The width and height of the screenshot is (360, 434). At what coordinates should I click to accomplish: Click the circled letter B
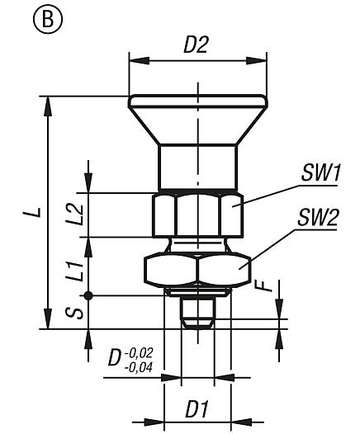tap(24, 17)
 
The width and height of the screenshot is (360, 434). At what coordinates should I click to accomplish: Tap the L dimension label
tap(31, 213)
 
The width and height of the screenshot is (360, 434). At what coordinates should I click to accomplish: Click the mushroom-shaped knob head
tap(197, 116)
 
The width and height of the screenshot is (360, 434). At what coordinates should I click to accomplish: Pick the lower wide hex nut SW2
tap(197, 269)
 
